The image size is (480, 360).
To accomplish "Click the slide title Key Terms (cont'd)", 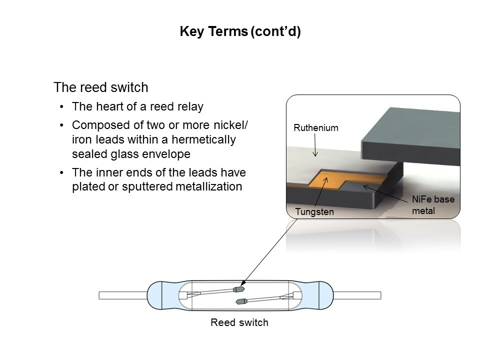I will pos(240,32).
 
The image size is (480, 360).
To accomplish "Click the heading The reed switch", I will pos(100,87).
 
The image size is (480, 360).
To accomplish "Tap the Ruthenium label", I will pos(315,128).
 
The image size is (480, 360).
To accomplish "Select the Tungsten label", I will pos(314,212).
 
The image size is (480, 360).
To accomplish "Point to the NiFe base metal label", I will pos(433,205).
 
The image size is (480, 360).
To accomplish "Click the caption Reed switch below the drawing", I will pos(239,322).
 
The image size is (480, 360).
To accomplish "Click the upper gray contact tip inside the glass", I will pos(239,289).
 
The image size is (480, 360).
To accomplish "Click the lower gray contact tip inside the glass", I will pos(242,301).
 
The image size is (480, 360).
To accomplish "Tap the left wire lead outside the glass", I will pos(122,295).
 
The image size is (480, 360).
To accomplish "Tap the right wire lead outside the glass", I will pos(357,295).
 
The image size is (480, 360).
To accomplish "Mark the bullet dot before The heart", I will pos(61,107).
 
